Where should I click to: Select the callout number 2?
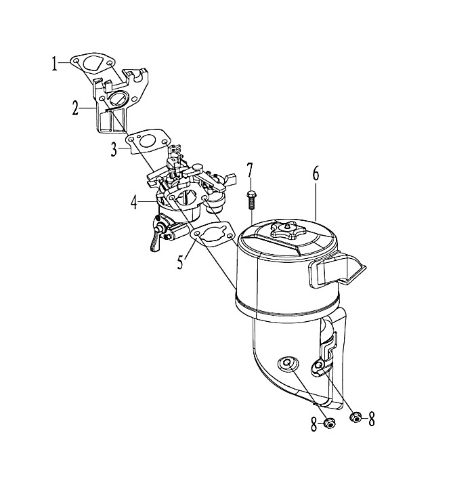click(75, 109)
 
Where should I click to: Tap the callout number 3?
click(114, 150)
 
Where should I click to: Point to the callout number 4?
click(134, 203)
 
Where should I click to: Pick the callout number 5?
click(181, 262)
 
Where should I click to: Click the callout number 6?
click(316, 174)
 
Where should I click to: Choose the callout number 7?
click(250, 170)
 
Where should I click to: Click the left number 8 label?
click(314, 425)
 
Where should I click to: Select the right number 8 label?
click(371, 419)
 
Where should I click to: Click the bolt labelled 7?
click(251, 200)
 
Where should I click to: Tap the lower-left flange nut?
click(329, 423)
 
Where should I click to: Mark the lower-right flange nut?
click(355, 417)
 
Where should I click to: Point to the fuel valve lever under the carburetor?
click(155, 241)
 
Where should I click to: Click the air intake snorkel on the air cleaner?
click(337, 270)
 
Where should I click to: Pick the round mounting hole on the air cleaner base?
click(286, 363)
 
